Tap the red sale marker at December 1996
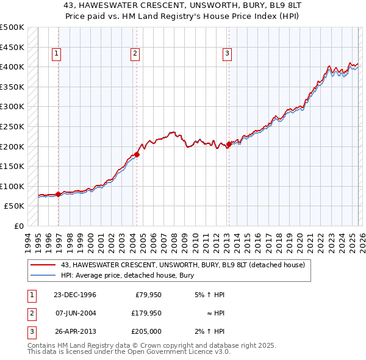[59, 195]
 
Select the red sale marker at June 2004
[137, 154]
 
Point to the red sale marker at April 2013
[229, 145]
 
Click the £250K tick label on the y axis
[12, 126]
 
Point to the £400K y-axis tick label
[12, 67]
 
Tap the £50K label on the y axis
[15, 206]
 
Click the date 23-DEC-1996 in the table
[75, 295]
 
